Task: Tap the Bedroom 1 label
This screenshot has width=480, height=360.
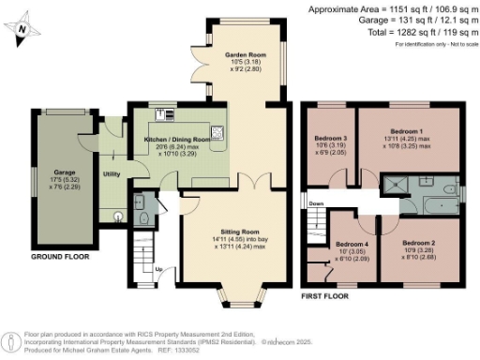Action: point(407,131)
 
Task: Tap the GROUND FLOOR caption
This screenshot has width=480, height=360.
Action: point(60,256)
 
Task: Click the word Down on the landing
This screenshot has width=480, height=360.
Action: point(317,202)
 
